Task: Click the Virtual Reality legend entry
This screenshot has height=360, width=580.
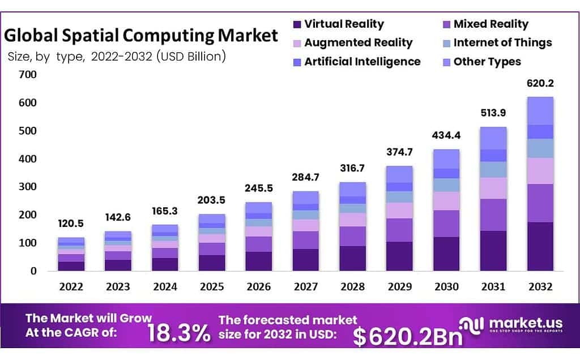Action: click(x=344, y=24)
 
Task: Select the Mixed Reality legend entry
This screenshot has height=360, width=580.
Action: click(x=491, y=24)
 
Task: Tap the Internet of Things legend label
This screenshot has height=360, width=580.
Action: click(x=502, y=43)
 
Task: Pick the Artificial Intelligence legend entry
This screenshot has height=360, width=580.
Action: click(x=362, y=62)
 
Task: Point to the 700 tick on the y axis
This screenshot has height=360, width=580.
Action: click(x=27, y=75)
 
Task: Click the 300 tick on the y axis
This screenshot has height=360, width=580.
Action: click(x=27, y=187)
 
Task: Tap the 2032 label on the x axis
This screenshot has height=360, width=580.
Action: click(x=540, y=287)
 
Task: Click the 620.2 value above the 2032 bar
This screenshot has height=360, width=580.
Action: click(x=540, y=83)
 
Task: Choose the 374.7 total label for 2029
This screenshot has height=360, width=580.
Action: click(x=400, y=153)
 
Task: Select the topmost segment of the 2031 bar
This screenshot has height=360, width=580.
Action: click(x=493, y=138)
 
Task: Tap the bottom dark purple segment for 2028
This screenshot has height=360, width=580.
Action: click(x=353, y=258)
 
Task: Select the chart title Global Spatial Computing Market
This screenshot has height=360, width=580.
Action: click(x=141, y=36)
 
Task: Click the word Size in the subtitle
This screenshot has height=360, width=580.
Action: click(x=19, y=57)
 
